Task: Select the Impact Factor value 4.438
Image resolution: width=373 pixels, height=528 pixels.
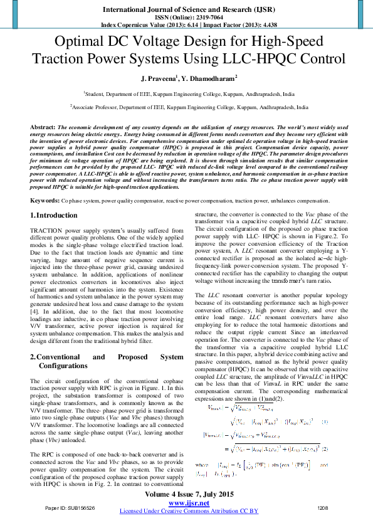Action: [x=266, y=25]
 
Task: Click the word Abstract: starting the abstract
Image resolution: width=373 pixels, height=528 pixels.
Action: [x=43, y=127]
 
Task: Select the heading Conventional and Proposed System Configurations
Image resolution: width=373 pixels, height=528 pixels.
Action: [x=107, y=361]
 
